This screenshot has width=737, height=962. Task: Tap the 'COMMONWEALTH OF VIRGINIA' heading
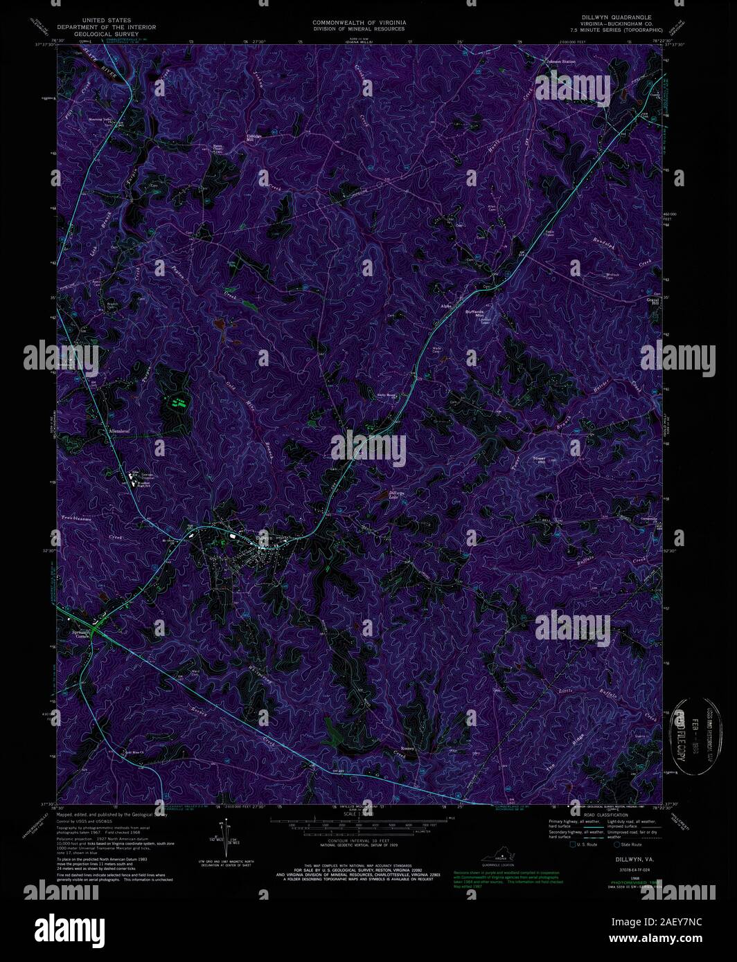point(359,23)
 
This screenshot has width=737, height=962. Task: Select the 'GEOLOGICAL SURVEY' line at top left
point(107,34)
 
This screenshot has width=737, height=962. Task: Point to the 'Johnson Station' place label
point(561,62)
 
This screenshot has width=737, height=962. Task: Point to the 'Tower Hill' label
point(539,460)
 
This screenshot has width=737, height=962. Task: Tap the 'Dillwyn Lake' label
point(393,495)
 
